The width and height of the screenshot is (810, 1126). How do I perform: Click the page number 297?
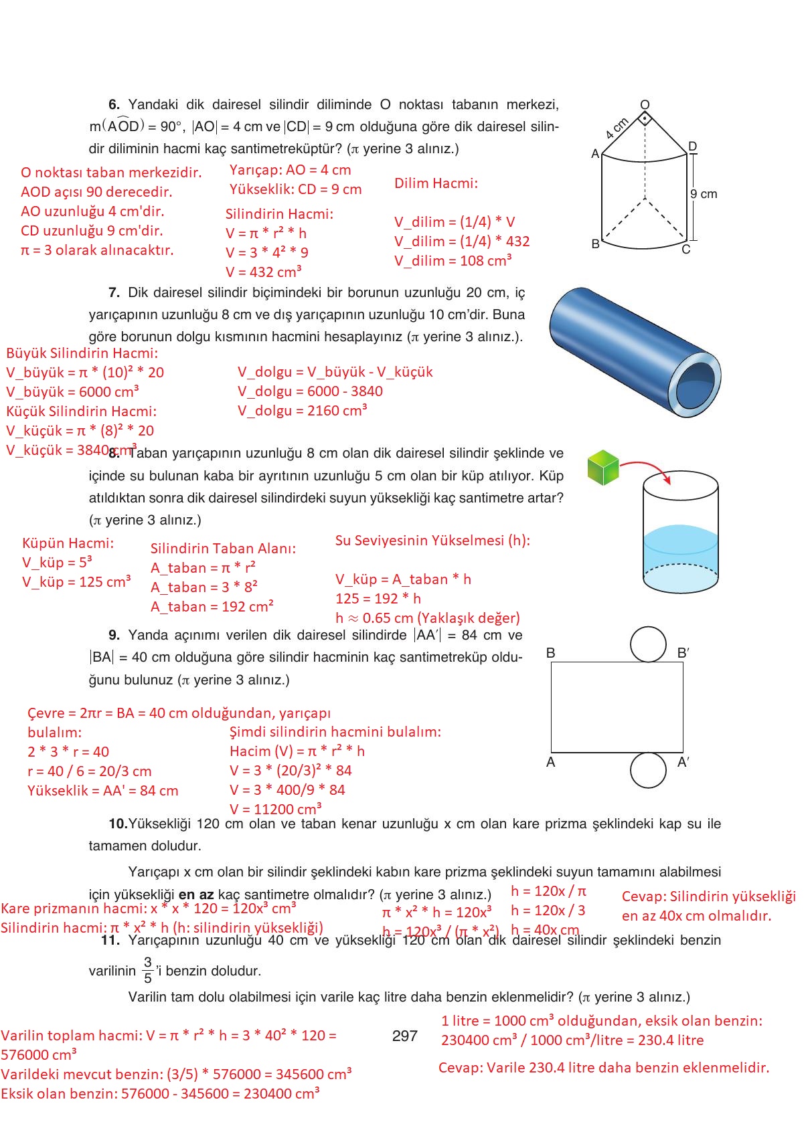pos(404,1036)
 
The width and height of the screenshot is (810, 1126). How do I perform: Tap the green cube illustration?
pos(603,467)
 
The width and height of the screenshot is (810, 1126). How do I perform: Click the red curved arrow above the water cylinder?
pos(645,467)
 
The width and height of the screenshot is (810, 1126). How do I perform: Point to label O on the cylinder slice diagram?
pos(645,104)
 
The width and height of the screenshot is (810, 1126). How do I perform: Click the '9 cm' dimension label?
pos(704,194)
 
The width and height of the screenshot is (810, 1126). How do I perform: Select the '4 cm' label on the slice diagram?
pos(617,128)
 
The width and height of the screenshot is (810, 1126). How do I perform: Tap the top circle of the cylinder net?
pos(648,644)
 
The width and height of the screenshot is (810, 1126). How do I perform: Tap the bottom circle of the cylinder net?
pos(648,769)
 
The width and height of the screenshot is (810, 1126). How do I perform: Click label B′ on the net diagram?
pos(683,653)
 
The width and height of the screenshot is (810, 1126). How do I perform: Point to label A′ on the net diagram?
pos(683,762)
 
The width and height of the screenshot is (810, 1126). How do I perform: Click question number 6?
pos(114,104)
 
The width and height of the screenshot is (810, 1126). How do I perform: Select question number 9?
pos(114,635)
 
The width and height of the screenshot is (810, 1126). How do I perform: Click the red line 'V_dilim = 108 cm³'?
pos(453,261)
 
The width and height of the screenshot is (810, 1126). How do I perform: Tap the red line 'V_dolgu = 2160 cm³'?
pos(302,411)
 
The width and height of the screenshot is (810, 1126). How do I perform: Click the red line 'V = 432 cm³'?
pos(263,272)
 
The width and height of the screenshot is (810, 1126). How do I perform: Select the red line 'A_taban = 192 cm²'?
pos(212,607)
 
